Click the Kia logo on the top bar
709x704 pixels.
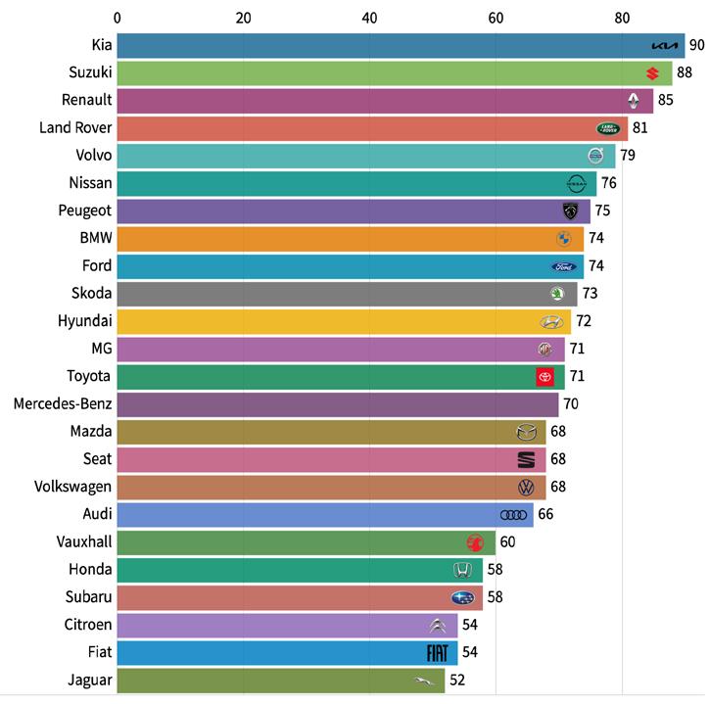pyautogui.click(x=664, y=46)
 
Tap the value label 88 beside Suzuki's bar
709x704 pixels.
pyautogui.click(x=684, y=72)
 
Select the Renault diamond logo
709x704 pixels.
pyautogui.click(x=634, y=100)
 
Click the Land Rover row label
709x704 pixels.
pyautogui.click(x=75, y=127)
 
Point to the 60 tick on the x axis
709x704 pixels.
pyautogui.click(x=496, y=17)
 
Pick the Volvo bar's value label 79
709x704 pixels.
pyautogui.click(x=628, y=156)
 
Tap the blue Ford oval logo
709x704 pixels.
pyautogui.click(x=565, y=266)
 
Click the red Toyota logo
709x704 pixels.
pyautogui.click(x=544, y=377)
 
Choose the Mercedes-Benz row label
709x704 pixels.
pyautogui.click(x=63, y=404)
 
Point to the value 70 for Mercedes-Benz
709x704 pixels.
pyautogui.click(x=571, y=404)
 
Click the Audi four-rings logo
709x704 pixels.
pyautogui.click(x=513, y=515)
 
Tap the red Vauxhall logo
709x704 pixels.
pyautogui.click(x=476, y=542)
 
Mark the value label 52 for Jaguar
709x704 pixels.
pyautogui.click(x=457, y=680)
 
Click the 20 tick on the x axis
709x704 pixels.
pyautogui.click(x=244, y=17)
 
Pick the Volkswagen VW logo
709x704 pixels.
pyautogui.click(x=526, y=488)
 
